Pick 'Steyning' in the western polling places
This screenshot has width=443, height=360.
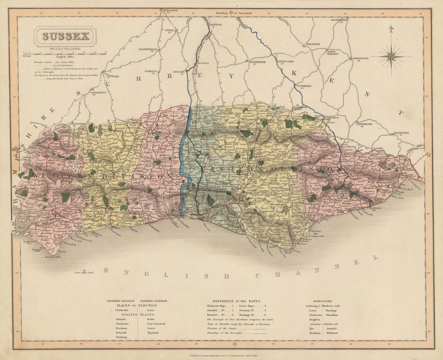coord(121,337)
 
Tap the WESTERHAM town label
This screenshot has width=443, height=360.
coord(256,62)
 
